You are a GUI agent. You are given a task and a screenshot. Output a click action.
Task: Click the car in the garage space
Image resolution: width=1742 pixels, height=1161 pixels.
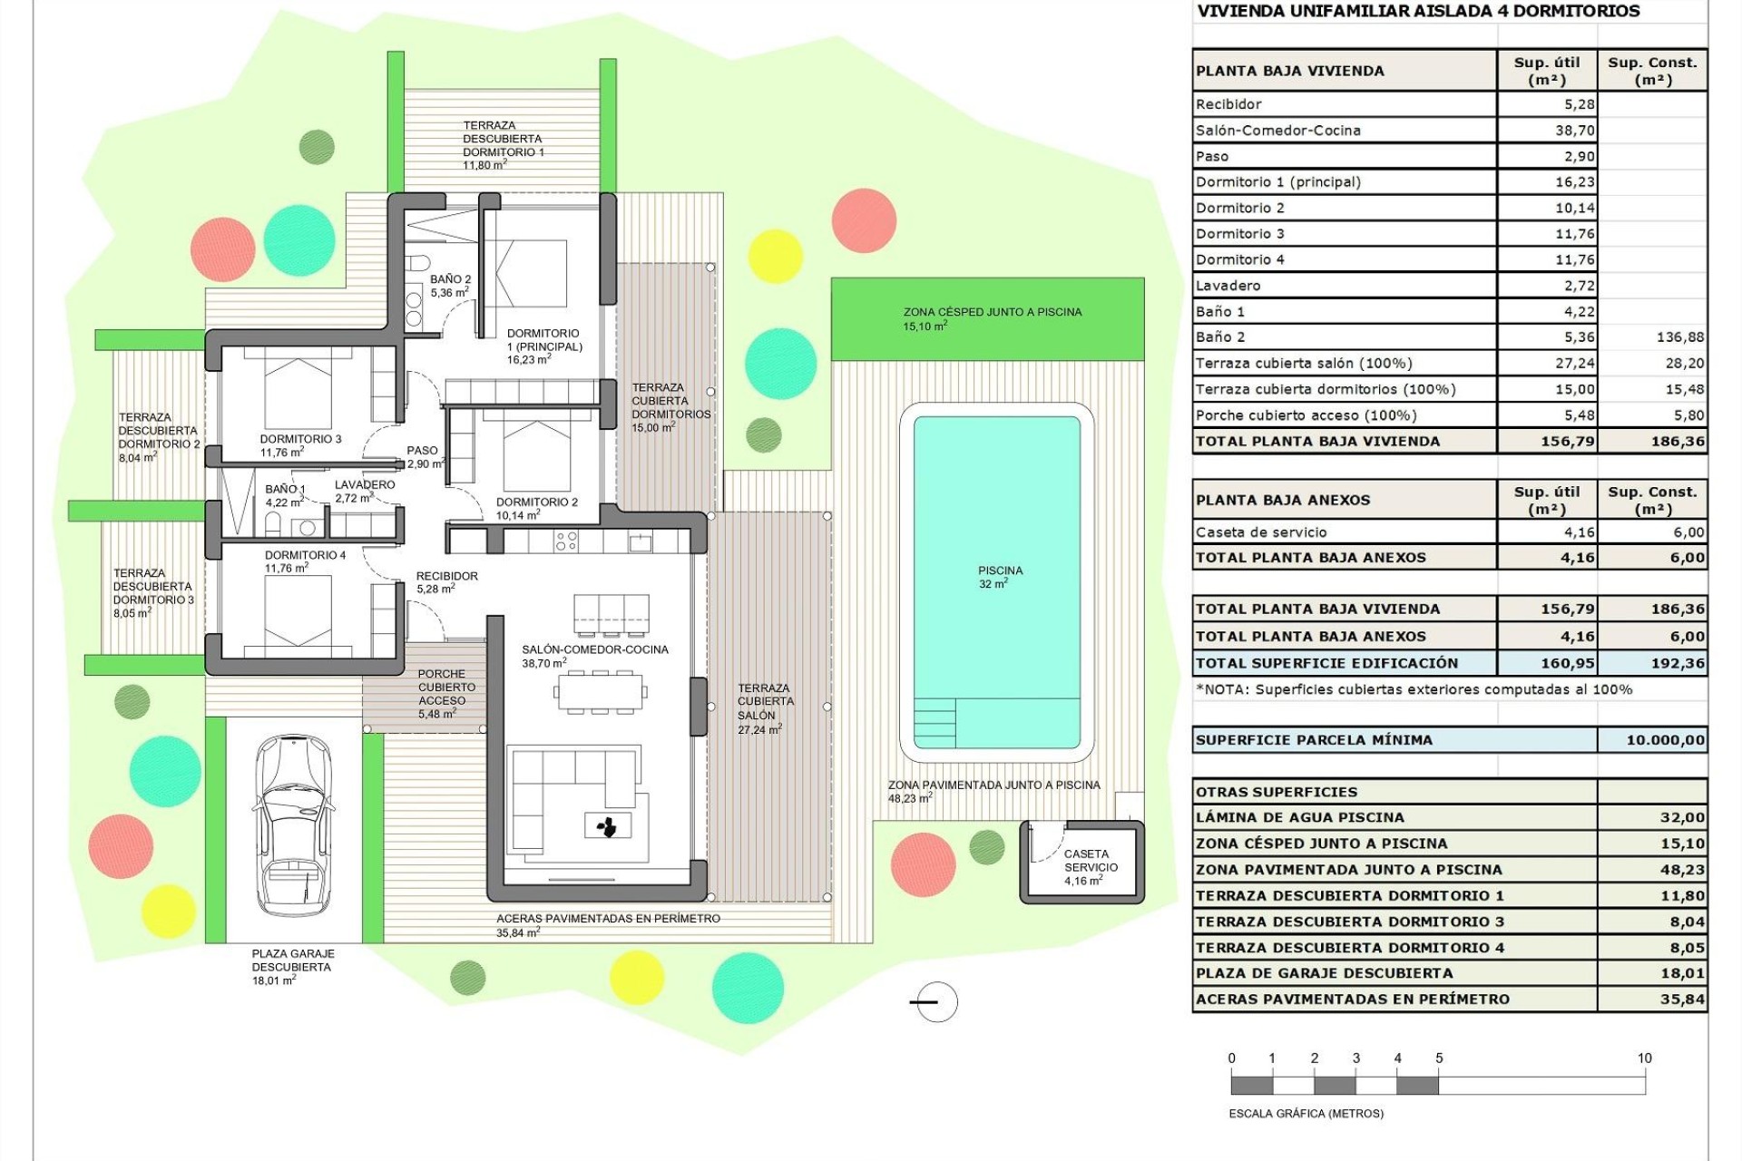[x=292, y=827]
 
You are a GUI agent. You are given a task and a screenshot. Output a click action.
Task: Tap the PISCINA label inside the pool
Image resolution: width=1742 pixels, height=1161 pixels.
[x=1000, y=571]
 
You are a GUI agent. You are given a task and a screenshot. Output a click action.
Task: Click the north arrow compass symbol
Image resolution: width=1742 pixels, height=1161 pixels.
[x=935, y=1002]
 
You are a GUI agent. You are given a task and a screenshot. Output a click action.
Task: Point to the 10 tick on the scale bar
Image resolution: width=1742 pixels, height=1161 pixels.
[x=1644, y=1059]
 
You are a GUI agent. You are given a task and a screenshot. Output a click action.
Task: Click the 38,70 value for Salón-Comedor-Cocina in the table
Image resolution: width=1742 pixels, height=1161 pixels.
[x=1574, y=131]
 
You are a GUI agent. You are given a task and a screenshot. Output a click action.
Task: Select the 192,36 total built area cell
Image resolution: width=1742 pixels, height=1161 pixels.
[x=1678, y=663]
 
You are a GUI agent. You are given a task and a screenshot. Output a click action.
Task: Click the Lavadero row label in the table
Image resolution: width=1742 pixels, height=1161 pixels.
[x=1228, y=286]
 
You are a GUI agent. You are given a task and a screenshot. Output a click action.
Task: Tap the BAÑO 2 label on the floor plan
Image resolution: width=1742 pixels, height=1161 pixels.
[x=450, y=280]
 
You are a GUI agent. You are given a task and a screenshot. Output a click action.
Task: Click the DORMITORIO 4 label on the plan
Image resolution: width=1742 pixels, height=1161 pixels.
[x=305, y=555]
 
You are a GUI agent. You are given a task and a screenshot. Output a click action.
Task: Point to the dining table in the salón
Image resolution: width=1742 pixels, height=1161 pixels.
[x=602, y=694]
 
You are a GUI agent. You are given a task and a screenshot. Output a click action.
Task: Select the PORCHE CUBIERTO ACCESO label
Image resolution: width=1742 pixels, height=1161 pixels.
[x=442, y=688]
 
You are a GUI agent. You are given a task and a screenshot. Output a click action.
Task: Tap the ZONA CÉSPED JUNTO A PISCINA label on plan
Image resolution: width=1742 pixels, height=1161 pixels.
[x=992, y=312]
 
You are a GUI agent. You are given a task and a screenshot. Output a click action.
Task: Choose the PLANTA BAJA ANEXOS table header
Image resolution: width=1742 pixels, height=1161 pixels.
[x=1283, y=500]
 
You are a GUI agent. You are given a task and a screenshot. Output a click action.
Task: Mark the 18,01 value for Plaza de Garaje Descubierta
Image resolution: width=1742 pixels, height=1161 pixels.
[x=1682, y=973]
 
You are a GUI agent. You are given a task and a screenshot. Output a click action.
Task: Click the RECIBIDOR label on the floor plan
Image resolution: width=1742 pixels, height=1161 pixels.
[x=446, y=576]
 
